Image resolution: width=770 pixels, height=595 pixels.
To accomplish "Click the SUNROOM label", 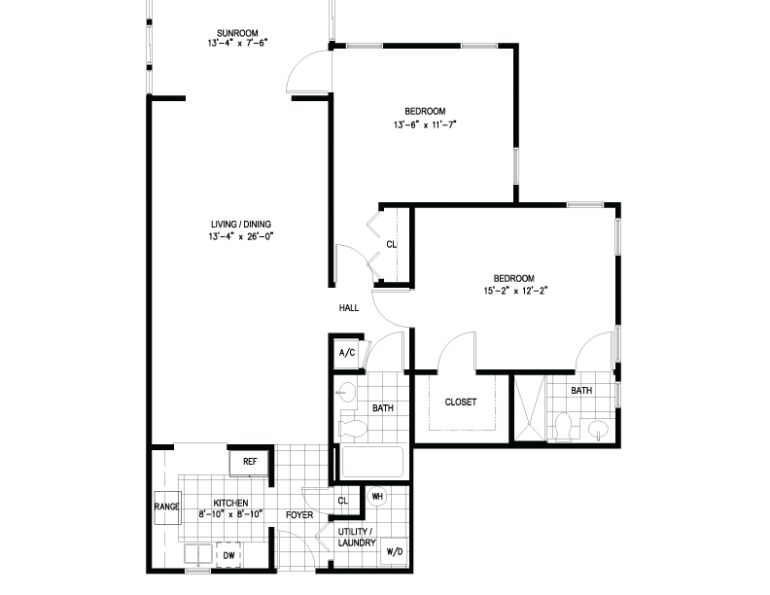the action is coord(237,33).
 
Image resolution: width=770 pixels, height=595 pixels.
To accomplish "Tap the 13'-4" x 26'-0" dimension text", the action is coord(241,236).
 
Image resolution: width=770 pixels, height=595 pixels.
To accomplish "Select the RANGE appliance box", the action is coord(166,507).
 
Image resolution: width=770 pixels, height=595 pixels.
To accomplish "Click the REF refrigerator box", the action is coord(250,462).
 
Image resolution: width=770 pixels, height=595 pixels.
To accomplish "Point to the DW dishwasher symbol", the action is coord(228,555).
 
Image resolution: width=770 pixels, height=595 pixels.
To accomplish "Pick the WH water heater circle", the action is coord(376,497).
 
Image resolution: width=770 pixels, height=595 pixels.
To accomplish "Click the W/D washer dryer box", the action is coord(395,551).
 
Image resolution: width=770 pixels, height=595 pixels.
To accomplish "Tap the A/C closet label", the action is coord(347,353).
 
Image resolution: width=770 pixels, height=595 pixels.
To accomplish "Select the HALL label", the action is coord(349,308).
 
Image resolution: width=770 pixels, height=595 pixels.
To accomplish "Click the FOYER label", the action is coord(299,515).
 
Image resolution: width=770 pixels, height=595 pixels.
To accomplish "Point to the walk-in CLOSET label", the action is coord(461,402).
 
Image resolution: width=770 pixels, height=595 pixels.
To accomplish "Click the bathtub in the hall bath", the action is coord(372,462).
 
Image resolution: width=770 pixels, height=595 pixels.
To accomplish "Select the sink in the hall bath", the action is coord(347,392).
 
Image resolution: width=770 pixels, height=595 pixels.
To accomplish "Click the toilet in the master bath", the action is coord(563,426).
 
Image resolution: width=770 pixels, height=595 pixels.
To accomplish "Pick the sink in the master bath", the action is coord(599,429).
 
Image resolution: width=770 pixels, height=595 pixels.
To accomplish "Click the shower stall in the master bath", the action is coord(530,408).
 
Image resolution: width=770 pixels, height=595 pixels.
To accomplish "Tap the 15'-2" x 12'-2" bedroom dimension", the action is coord(515,291).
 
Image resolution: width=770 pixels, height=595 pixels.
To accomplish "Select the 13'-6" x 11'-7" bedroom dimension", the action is coord(425,124).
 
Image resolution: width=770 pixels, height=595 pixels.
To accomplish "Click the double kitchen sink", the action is coord(198,554).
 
